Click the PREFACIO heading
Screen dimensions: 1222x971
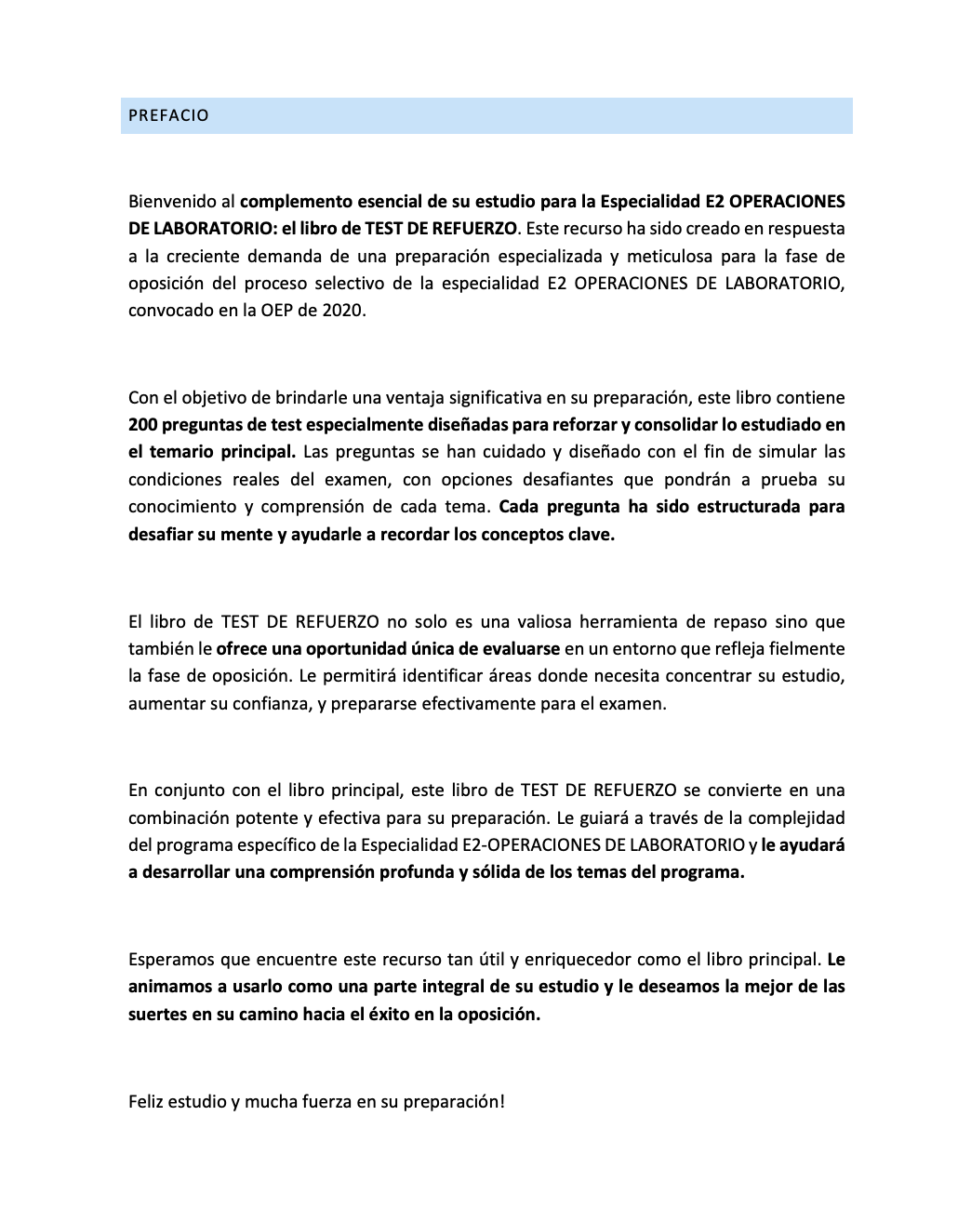(x=168, y=116)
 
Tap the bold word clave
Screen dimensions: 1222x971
(x=591, y=535)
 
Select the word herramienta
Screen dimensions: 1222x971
(x=626, y=621)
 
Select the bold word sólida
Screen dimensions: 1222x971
(x=494, y=872)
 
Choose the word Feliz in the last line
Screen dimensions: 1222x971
(x=149, y=1101)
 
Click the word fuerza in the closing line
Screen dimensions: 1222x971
(x=326, y=1101)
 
